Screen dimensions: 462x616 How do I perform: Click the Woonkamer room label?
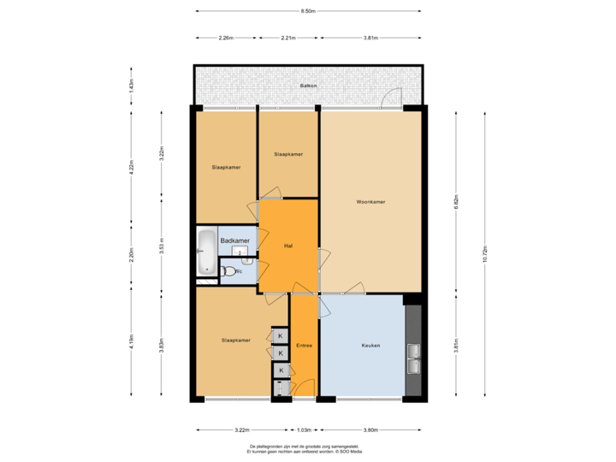click(x=371, y=202)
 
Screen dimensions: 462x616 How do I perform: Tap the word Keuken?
click(x=370, y=345)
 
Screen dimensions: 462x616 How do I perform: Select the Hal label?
click(x=288, y=246)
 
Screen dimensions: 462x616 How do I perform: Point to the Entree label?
click(x=304, y=346)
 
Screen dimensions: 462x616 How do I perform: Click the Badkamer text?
click(x=235, y=242)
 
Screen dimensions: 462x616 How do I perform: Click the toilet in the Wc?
click(x=227, y=272)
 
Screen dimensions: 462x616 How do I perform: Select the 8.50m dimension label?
click(x=308, y=11)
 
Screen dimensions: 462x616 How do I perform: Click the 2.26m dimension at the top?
click(x=226, y=38)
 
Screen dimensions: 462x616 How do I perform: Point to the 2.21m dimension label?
click(x=289, y=38)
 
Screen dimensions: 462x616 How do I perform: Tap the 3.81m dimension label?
click(x=370, y=38)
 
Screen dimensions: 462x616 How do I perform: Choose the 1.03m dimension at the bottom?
click(x=304, y=429)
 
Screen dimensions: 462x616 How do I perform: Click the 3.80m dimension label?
click(x=370, y=429)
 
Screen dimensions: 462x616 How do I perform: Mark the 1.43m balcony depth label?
click(x=131, y=86)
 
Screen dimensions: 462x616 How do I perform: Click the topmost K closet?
click(x=280, y=335)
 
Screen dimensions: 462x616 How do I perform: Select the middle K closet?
click(x=280, y=352)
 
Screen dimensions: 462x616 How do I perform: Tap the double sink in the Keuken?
click(x=414, y=358)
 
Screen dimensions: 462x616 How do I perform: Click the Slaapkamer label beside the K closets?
click(x=235, y=341)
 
